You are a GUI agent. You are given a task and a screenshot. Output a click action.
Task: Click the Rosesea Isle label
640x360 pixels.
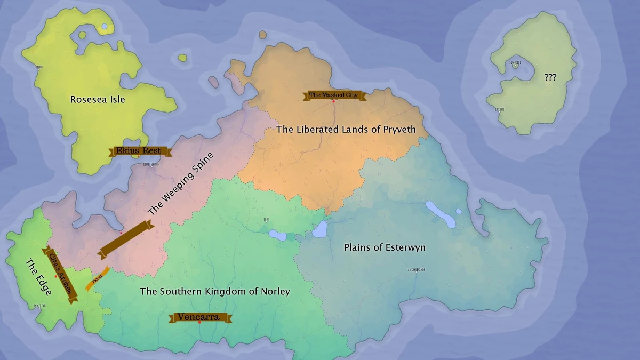click(x=98, y=99)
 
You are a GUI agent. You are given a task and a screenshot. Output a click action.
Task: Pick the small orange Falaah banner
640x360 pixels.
click(x=97, y=278)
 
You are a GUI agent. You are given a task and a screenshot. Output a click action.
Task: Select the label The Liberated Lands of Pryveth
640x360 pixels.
click(x=346, y=130)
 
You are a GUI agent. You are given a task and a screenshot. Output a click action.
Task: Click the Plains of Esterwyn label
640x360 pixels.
click(x=385, y=247)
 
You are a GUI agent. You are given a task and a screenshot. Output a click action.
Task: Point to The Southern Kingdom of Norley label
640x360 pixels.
click(x=215, y=291)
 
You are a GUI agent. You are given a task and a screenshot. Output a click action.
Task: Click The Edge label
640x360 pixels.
click(x=39, y=277)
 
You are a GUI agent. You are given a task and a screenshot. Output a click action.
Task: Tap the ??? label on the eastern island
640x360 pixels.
click(x=550, y=77)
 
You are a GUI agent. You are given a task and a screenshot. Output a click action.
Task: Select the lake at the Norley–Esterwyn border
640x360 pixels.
click(x=319, y=229)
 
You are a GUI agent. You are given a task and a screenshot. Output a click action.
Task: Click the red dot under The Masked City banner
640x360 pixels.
click(x=334, y=101)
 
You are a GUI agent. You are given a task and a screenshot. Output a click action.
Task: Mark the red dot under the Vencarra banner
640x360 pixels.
click(x=199, y=323)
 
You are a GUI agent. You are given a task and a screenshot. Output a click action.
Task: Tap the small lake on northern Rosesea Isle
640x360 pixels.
click(x=105, y=26)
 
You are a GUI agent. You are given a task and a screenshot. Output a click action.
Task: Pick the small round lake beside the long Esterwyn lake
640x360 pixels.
click(x=459, y=211)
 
